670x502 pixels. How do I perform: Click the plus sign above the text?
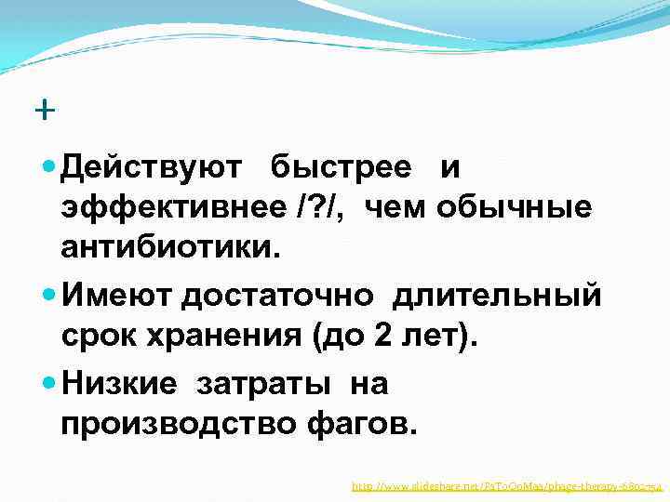click(x=44, y=111)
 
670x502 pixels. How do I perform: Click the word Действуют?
click(x=152, y=167)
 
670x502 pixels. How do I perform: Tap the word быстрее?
click(x=341, y=167)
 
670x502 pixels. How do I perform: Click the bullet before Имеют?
click(x=49, y=297)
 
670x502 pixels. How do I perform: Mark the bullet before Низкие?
click(x=49, y=383)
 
